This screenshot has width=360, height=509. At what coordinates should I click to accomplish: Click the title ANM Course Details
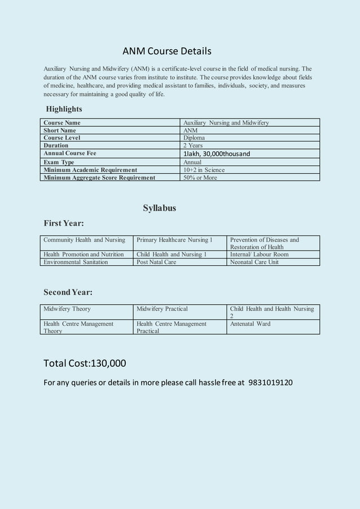point(167,51)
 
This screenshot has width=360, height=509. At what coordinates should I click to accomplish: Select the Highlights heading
point(64,109)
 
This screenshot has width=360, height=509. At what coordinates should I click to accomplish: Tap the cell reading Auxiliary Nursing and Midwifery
point(226,122)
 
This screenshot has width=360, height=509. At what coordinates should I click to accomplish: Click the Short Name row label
point(60,130)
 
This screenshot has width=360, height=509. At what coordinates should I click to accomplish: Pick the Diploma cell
point(194,138)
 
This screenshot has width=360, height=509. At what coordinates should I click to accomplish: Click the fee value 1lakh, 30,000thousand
point(217,153)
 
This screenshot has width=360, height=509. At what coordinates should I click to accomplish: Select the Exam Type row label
point(59,162)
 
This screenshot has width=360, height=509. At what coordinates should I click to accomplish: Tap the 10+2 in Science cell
point(204,170)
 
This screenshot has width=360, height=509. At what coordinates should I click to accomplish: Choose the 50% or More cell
point(200,178)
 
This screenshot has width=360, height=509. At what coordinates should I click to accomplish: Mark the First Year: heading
point(64,223)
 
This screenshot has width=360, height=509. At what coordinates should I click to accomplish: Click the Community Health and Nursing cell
point(84,240)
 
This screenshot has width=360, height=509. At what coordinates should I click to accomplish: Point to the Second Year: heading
point(68,292)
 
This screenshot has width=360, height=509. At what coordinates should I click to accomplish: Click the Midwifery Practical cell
point(162,309)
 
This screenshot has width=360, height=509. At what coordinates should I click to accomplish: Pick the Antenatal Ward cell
point(250,323)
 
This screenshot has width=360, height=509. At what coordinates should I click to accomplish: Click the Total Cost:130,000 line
point(85,363)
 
